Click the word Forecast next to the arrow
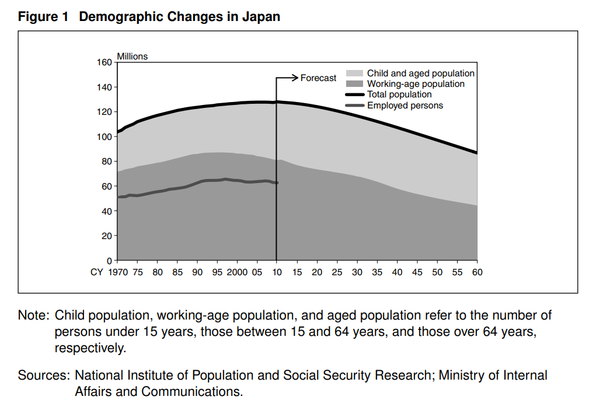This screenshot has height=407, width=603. click(318, 78)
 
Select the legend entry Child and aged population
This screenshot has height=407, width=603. click(420, 73)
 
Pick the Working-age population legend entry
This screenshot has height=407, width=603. click(416, 84)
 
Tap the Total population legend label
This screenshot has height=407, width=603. click(399, 94)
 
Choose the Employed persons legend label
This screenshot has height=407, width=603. click(405, 106)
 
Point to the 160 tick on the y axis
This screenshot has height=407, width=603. click(104, 62)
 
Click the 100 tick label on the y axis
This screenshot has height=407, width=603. click(104, 137)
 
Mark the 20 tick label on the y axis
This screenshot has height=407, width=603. click(106, 236)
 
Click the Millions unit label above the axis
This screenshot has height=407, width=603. click(133, 57)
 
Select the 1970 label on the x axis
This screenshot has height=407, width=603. click(118, 272)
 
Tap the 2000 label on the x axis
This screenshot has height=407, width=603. click(238, 272)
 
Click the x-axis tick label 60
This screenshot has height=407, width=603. click(477, 272)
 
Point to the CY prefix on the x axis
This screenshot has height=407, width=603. click(97, 272)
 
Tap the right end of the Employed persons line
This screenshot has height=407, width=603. click(277, 183)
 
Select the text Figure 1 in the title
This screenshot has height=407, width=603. click(44, 17)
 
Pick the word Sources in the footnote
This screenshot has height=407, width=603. click(42, 376)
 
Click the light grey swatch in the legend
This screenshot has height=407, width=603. click(355, 73)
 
